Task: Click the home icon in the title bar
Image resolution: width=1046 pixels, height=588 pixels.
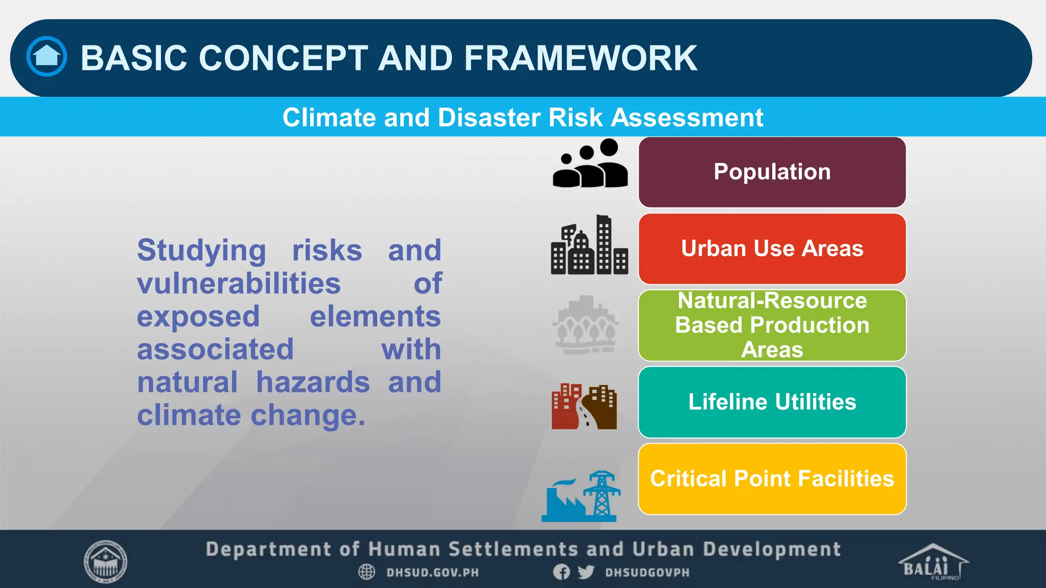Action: tap(46, 56)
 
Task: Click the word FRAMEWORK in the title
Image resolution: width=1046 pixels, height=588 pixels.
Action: tap(580, 58)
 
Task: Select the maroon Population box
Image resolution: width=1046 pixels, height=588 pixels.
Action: tap(772, 172)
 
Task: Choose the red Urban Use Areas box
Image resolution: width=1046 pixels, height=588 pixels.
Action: tap(772, 249)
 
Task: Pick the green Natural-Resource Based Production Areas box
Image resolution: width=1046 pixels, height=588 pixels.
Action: tap(772, 325)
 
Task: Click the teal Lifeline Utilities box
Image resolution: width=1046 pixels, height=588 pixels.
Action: tap(772, 402)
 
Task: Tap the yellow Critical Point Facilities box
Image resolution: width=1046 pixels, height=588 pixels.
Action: tap(772, 479)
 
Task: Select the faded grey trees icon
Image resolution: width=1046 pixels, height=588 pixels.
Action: tap(586, 325)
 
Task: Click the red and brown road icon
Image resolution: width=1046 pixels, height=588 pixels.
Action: tap(584, 407)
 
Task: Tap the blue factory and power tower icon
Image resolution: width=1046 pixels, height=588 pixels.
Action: tap(581, 497)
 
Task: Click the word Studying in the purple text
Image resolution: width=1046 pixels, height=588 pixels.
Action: tap(201, 251)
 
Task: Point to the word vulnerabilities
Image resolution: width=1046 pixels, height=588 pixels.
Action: tap(239, 283)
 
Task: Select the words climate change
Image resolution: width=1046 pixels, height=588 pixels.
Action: tap(251, 415)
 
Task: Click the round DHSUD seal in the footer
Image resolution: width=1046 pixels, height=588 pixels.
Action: tap(105, 562)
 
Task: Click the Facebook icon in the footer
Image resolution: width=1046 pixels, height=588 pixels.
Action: tap(561, 572)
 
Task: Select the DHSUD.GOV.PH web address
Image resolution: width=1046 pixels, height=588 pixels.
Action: tap(432, 573)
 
